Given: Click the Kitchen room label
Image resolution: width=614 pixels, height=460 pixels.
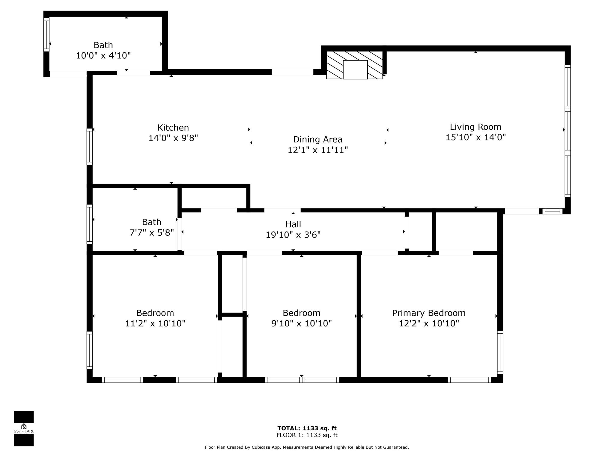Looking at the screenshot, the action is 173,128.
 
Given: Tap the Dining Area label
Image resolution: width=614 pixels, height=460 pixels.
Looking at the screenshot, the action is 317,140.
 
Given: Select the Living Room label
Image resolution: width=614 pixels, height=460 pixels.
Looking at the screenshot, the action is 475,127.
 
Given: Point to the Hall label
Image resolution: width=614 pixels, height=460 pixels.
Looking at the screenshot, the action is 293,224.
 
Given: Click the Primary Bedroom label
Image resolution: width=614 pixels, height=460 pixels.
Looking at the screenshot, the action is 429,313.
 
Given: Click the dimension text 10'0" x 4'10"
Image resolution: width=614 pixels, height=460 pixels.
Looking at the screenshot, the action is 103,56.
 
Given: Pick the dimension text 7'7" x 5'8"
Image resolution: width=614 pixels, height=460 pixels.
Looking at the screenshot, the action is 152,233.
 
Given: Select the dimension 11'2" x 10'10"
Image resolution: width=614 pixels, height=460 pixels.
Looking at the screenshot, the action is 155,323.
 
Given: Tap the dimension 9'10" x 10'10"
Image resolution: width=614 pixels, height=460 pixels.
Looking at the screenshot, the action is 302,323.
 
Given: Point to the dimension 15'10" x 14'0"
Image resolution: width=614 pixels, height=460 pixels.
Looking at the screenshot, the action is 475,137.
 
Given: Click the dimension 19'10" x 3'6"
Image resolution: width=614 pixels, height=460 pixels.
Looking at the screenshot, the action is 293,235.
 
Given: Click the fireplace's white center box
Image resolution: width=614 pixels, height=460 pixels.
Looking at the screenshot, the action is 355,70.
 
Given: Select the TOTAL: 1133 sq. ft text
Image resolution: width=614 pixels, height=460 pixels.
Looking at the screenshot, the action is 307,428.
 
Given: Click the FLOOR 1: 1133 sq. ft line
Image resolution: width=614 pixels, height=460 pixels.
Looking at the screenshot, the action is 307,435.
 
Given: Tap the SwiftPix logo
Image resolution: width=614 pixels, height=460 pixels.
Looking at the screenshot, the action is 24,429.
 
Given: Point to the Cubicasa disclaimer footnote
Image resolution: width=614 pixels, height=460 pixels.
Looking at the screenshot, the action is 307,447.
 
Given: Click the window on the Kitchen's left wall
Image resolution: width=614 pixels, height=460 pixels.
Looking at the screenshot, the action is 90,147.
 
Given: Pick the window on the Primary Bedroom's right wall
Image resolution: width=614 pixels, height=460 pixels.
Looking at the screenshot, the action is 500,352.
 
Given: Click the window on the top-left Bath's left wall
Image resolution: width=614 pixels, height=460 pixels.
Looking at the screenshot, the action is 46,35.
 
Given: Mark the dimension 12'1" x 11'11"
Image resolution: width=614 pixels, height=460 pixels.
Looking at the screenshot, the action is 317,150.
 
